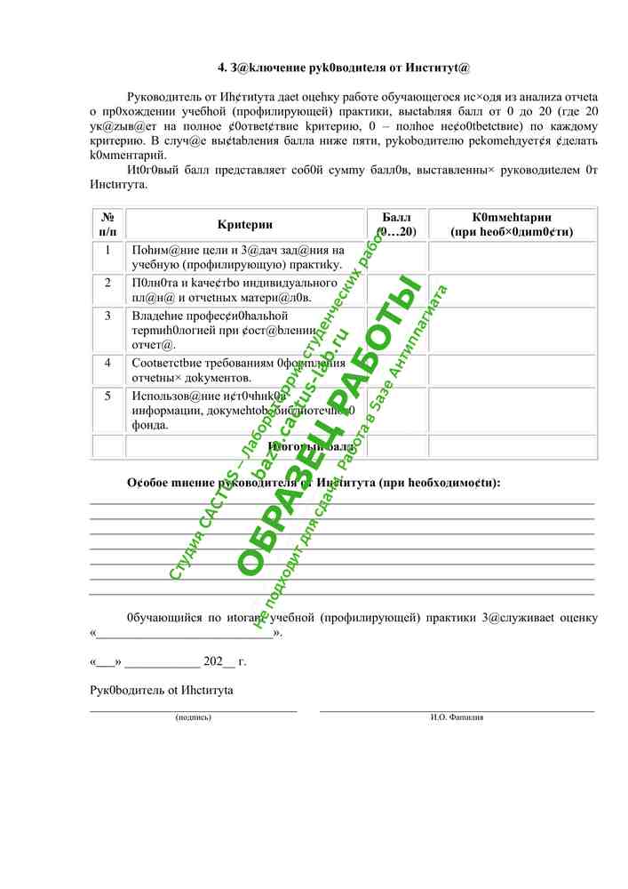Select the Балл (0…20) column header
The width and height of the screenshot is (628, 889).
click(x=397, y=224)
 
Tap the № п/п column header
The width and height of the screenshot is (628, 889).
click(x=107, y=224)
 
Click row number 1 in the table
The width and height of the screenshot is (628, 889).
click(x=107, y=250)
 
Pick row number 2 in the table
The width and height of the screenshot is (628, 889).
click(x=107, y=283)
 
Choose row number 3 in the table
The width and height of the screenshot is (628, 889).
click(x=107, y=315)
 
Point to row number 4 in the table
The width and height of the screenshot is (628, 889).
click(x=107, y=363)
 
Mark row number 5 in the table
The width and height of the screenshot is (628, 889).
click(x=107, y=396)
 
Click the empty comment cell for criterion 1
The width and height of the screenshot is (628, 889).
click(x=513, y=256)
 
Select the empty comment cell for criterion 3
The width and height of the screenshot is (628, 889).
click(x=513, y=330)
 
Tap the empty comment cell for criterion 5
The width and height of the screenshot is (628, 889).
click(x=513, y=410)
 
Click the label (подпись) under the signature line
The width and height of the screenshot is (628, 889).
click(x=194, y=717)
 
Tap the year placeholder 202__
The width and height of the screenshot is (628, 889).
click(x=219, y=661)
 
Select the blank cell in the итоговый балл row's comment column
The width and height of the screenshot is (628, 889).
click(x=513, y=446)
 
